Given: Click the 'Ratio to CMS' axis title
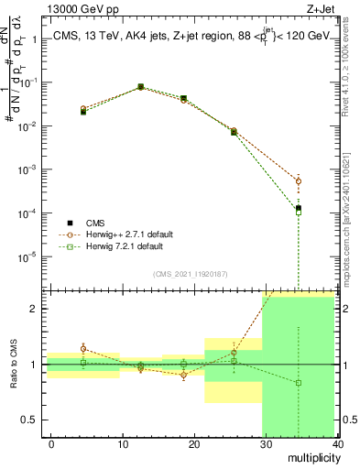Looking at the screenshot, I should point(12,365).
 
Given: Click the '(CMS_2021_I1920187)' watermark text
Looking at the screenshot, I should point(191,274).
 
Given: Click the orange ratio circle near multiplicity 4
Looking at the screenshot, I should point(83,348).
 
